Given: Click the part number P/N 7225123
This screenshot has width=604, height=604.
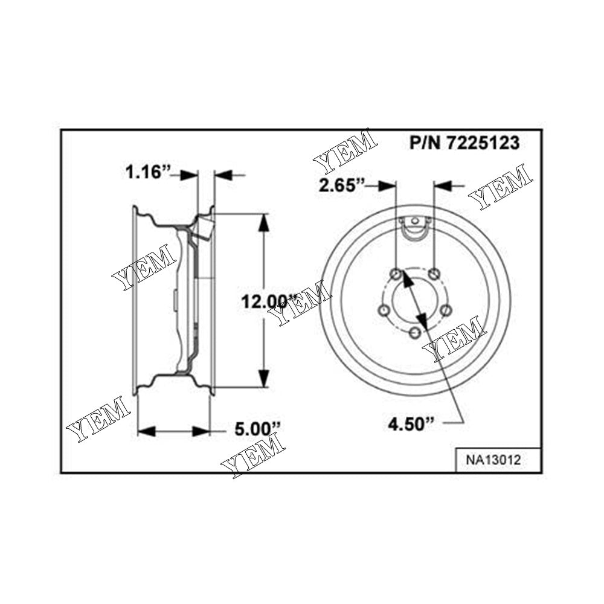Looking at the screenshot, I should click(464, 143).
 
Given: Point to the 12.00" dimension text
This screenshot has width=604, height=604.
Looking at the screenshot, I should click(266, 300).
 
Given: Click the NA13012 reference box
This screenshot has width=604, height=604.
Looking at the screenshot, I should click(493, 459).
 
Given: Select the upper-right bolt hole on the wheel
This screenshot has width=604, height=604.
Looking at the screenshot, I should click(435, 274).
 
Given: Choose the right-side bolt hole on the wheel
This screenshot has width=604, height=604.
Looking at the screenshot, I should click(446, 310).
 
